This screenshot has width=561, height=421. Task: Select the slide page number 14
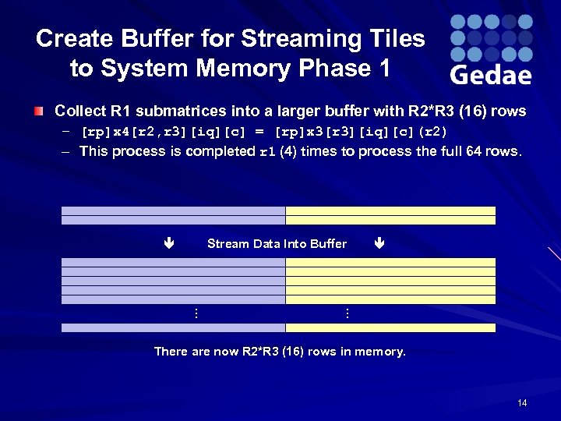point(521,403)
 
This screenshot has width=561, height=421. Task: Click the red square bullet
point(38,111)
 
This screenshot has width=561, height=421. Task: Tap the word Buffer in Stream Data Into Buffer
point(328,244)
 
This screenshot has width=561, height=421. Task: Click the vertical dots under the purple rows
point(196,313)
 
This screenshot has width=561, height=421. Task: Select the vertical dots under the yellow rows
point(347,313)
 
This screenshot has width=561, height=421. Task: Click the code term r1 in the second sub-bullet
point(267,152)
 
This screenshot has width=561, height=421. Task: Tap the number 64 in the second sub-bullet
point(475,151)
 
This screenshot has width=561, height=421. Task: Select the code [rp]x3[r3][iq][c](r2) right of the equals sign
point(362,132)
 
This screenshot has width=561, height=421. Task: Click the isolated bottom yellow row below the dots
point(390,328)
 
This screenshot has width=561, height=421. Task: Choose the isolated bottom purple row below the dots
point(173,328)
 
